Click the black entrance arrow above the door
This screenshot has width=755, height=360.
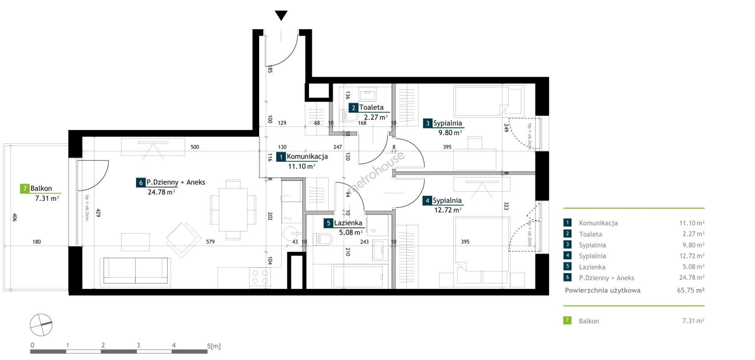click(281, 16)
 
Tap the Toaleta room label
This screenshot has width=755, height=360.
click(371, 107)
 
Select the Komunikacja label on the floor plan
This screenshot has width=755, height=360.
click(307, 156)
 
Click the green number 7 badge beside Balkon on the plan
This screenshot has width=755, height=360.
click(25, 189)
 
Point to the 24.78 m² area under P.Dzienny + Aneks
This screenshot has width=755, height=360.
click(161, 192)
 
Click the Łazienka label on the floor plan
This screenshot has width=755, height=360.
click(348, 223)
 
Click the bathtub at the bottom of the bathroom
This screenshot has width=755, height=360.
click(358, 277)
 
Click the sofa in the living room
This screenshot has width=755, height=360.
click(135, 271)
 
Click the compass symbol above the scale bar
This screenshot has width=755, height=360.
click(41, 325)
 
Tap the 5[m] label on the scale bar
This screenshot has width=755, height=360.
click(214, 346)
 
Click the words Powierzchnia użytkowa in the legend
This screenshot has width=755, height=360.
click(602, 290)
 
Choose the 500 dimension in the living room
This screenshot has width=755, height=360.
click(195, 147)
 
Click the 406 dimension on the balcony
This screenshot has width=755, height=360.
click(15, 217)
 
